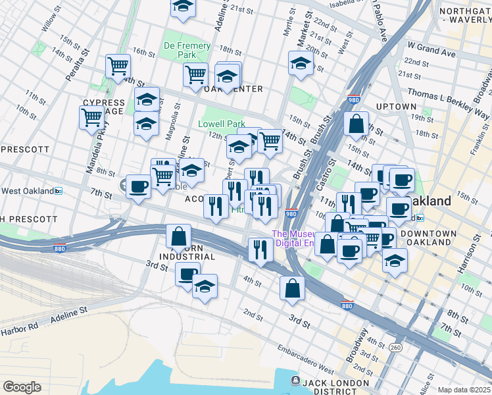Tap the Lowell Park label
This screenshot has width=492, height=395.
[x=222, y=124]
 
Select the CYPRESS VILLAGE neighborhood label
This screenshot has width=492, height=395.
[x=104, y=107]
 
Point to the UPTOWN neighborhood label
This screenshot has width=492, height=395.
[x=395, y=107]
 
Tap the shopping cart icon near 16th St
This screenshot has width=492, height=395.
[x=118, y=66]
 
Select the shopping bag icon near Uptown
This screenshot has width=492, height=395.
[x=356, y=124]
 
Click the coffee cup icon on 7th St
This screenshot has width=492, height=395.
[x=138, y=187]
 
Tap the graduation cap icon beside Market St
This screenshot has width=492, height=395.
[x=301, y=63]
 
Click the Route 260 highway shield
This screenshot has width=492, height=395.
[x=395, y=347]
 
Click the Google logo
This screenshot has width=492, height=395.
[x=22, y=386]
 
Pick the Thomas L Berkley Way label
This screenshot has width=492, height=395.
[x=449, y=105]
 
